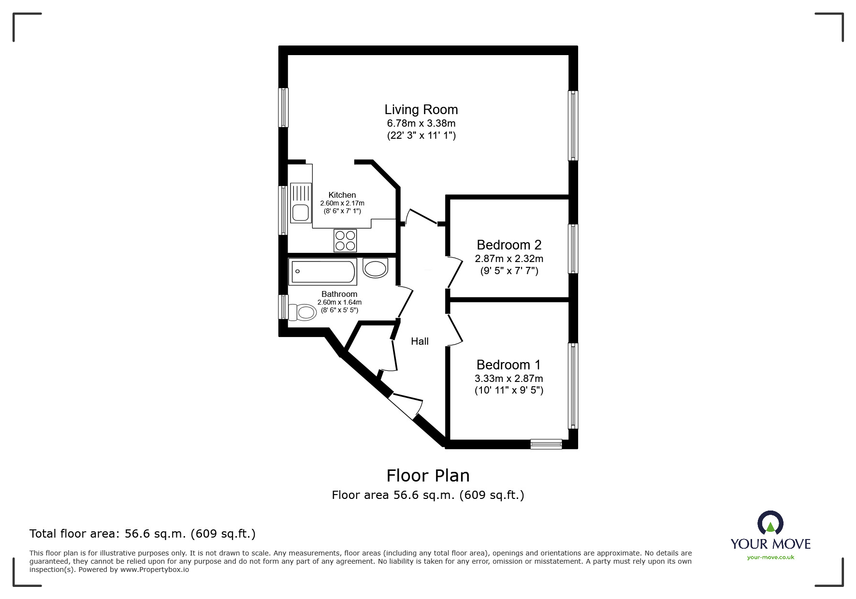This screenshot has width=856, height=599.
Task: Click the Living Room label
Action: pos(421,110)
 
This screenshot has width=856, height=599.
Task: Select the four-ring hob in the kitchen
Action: pos(345,240)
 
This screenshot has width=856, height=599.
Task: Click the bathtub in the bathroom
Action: pos(322,272)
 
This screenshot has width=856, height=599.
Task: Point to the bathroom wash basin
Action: pos(375,268)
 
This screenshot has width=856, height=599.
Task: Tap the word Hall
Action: pos(420,341)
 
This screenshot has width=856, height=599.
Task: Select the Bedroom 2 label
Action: pos(509,245)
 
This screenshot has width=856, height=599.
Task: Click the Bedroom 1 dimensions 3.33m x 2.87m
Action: pos(508,379)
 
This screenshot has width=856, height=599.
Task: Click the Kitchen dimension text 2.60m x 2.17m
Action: pos(342,204)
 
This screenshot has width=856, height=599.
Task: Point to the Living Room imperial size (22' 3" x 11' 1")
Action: pos(421,135)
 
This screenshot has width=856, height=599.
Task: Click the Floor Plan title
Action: pos(428,476)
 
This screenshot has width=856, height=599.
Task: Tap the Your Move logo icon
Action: pos(770,524)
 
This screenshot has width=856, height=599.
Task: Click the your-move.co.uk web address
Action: pos(770,557)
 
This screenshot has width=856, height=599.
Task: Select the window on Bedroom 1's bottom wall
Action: pos(546,444)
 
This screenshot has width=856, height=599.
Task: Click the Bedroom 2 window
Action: pos(573,248)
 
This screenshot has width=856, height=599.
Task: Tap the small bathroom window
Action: pos(283,307)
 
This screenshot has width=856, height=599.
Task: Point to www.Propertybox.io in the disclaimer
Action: pos(154,570)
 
